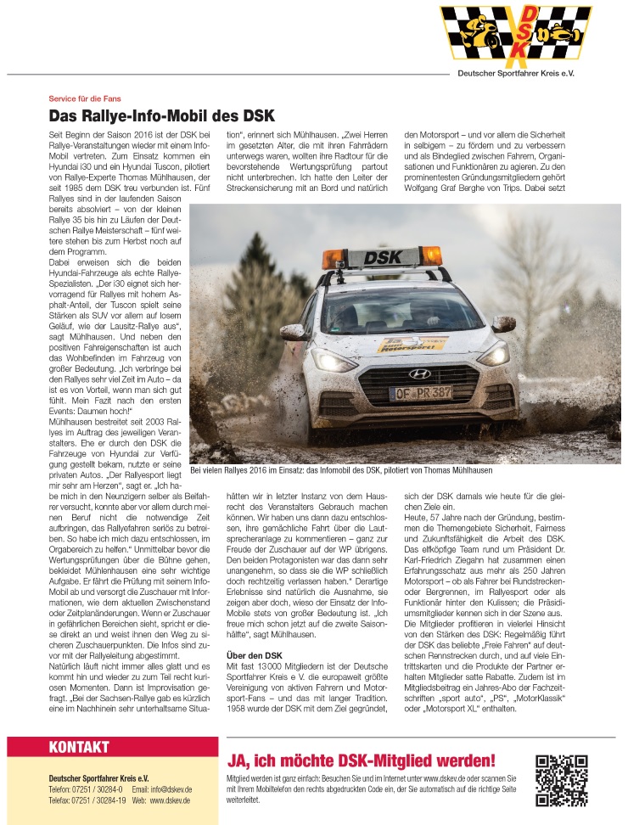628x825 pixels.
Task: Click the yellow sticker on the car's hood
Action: tap(412, 343)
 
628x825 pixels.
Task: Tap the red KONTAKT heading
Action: tap(79, 747)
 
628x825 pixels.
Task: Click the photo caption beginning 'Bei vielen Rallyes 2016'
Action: tap(341, 469)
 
